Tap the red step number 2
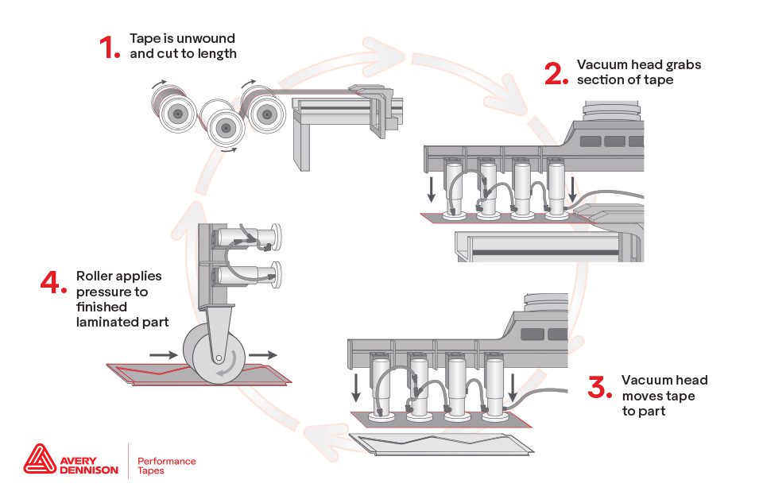coord(556,72)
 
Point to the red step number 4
coord(53,284)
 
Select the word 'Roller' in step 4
coord(96,277)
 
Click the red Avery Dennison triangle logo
coord(39,460)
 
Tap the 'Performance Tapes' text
coord(166,466)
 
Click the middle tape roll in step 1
coord(226,126)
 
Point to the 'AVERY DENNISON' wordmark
coord(88,465)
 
